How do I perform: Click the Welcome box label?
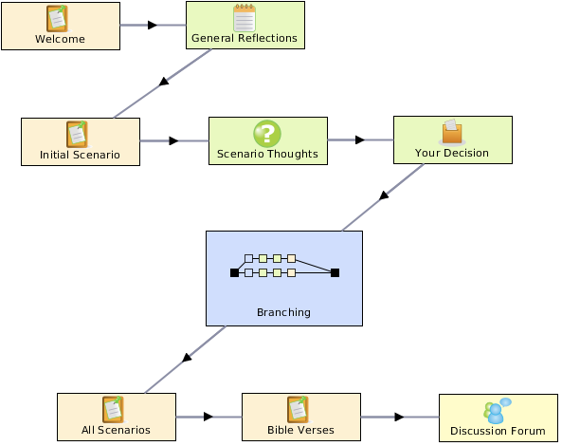[61, 39]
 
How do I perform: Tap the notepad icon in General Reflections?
[245, 18]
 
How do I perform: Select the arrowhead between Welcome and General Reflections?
[153, 25]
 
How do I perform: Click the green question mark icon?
[267, 134]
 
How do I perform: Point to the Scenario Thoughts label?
[267, 154]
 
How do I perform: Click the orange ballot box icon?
[452, 132]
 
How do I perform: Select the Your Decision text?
[452, 153]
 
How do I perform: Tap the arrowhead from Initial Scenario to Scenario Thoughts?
[173, 140]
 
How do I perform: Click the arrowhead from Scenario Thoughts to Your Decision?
[360, 139]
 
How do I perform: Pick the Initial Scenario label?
[80, 155]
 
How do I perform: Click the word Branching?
[284, 312]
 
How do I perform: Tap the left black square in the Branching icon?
[234, 273]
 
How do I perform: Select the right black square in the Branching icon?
[335, 273]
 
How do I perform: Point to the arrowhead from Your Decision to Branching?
[384, 195]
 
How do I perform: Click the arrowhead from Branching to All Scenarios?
[187, 358]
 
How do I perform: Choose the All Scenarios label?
[116, 430]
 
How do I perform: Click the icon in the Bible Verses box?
[299, 409]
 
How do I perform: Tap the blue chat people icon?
[498, 411]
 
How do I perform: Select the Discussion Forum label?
[498, 431]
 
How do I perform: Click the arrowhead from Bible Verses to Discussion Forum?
[399, 417]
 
